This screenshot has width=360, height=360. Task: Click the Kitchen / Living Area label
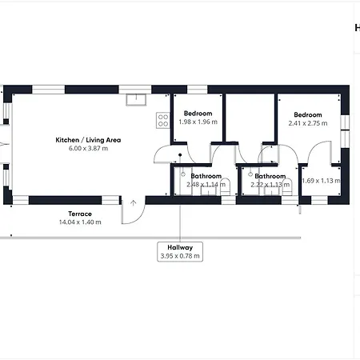pyautogui.click(x=87, y=140)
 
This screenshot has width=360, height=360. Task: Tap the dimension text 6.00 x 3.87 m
pyautogui.click(x=87, y=149)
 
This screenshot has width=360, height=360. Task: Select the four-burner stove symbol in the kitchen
pyautogui.click(x=163, y=121)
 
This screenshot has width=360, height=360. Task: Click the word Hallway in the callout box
pyautogui.click(x=179, y=247)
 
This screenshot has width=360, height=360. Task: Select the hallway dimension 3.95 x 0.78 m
pyautogui.click(x=179, y=256)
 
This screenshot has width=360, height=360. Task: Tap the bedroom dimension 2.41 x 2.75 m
pyautogui.click(x=308, y=123)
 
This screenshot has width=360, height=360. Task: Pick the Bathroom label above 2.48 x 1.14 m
pyautogui.click(x=206, y=176)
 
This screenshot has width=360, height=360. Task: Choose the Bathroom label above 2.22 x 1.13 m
pyautogui.click(x=270, y=176)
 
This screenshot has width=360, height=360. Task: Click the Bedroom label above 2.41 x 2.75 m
pyautogui.click(x=308, y=114)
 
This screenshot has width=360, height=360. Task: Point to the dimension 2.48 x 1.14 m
pyautogui.click(x=206, y=185)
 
